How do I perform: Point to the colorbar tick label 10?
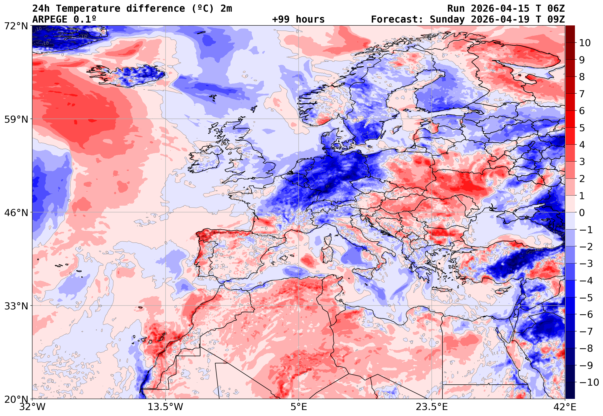(585, 43)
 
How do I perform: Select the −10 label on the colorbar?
(589, 382)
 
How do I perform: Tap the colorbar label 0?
(582, 213)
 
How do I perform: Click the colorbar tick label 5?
(582, 128)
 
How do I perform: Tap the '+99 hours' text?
(298, 19)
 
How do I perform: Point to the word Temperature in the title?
(88, 9)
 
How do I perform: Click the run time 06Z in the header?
(556, 9)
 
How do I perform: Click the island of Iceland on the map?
(128, 75)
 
